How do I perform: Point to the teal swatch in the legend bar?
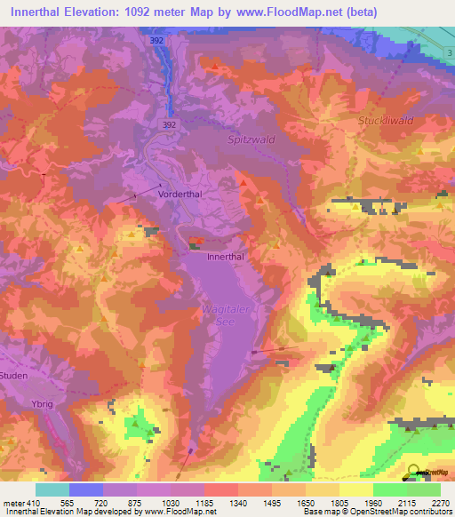(52, 489)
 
